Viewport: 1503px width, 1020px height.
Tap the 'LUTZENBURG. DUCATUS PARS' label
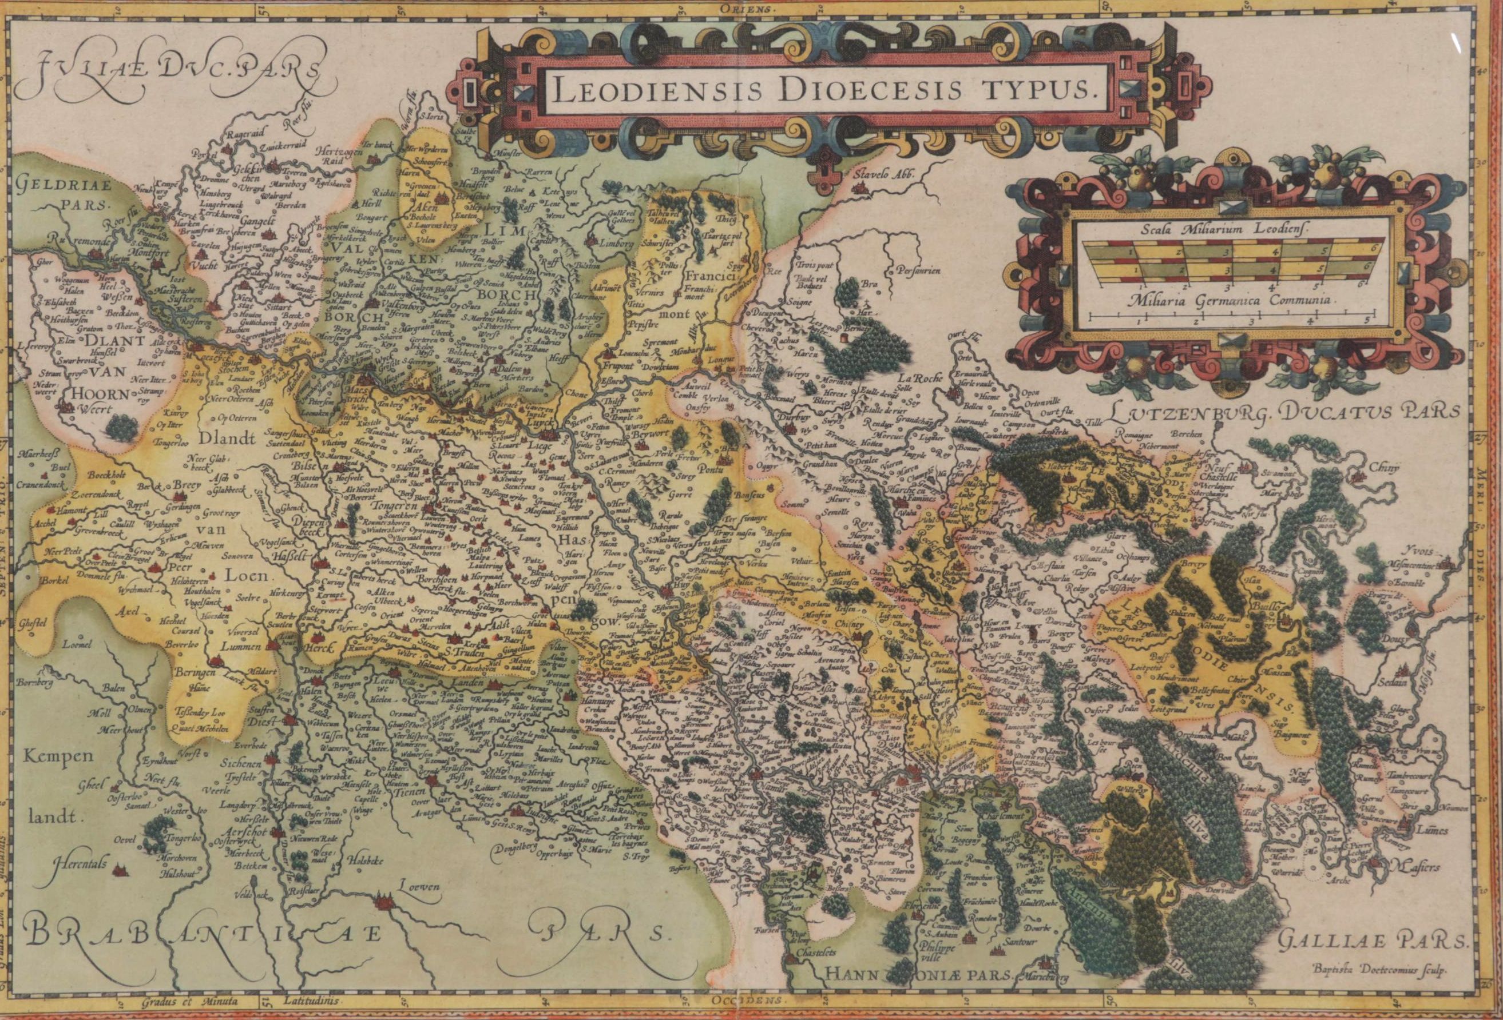1283,410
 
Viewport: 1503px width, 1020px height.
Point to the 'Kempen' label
57,756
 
